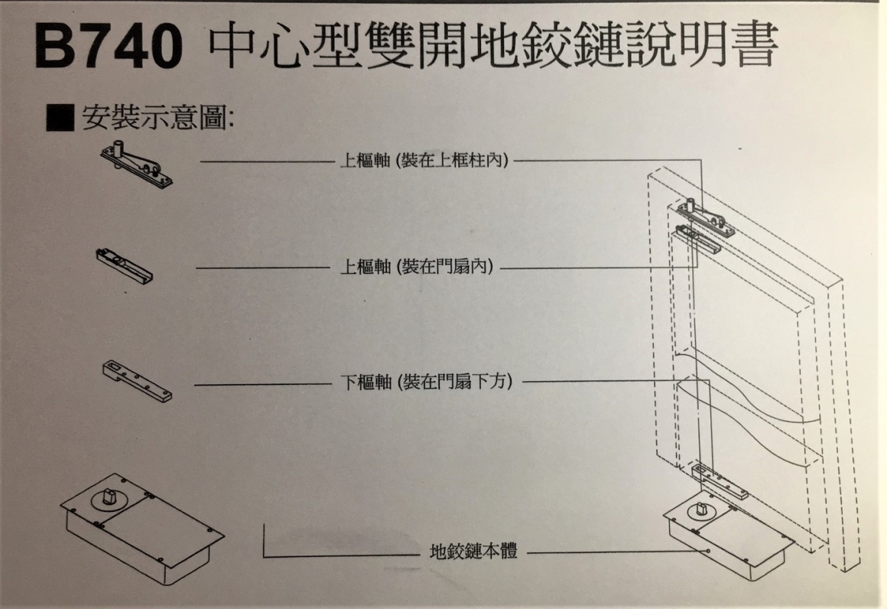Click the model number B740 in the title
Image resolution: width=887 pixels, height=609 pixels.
tap(109, 47)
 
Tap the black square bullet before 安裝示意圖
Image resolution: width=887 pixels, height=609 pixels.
tap(60, 118)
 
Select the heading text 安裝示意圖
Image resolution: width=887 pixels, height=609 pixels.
tap(158, 118)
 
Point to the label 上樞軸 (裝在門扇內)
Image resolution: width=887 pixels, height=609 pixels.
tap(416, 266)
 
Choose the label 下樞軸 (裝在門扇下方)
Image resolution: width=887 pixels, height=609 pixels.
tap(427, 382)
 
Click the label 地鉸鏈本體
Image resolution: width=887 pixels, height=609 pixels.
tap(473, 551)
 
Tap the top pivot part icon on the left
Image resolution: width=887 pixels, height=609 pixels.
tap(137, 164)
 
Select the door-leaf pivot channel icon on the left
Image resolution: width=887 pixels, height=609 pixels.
tap(125, 265)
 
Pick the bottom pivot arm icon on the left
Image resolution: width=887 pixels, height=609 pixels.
tap(138, 382)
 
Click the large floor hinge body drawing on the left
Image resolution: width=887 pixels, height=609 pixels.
tap(142, 529)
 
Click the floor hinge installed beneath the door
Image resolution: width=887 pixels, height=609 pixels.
tap(729, 539)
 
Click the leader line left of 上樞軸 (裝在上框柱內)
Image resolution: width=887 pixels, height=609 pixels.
tap(268, 162)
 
